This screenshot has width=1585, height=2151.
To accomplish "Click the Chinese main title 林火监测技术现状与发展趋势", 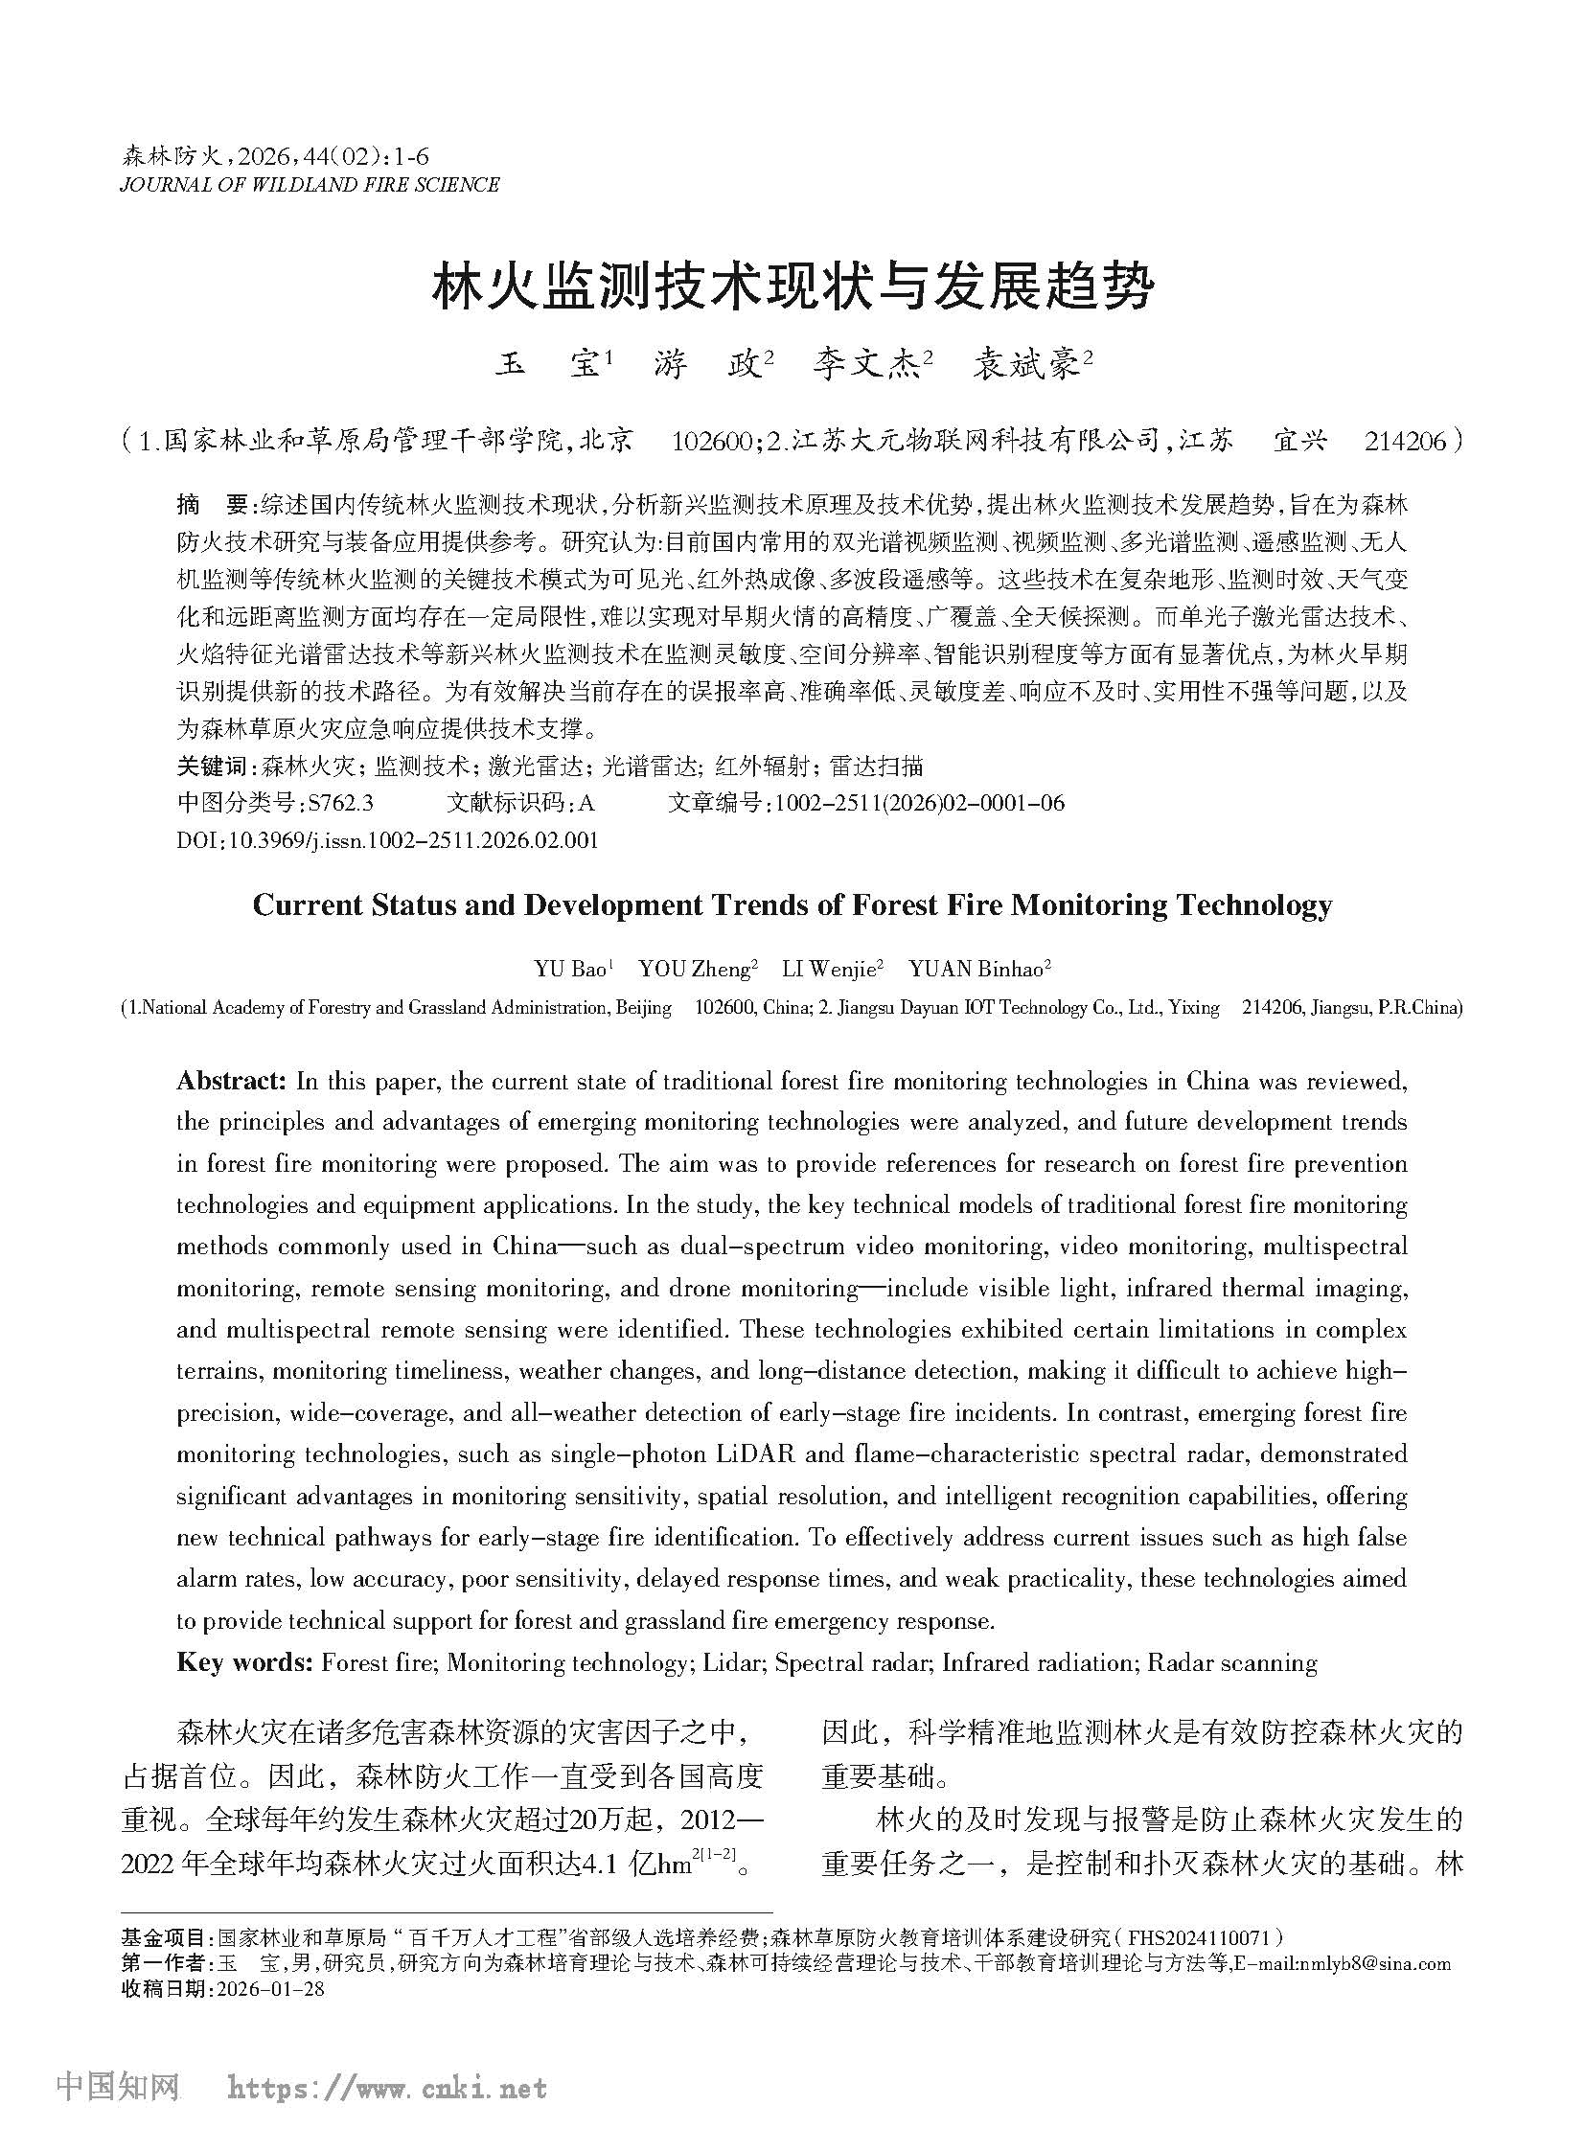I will pyautogui.click(x=792, y=285).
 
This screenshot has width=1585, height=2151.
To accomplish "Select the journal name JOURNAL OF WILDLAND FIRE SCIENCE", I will pyautogui.click(x=309, y=185).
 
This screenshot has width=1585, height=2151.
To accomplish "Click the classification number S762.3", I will pyautogui.click(x=338, y=803).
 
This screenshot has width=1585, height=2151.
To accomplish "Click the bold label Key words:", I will pyautogui.click(x=244, y=1662).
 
